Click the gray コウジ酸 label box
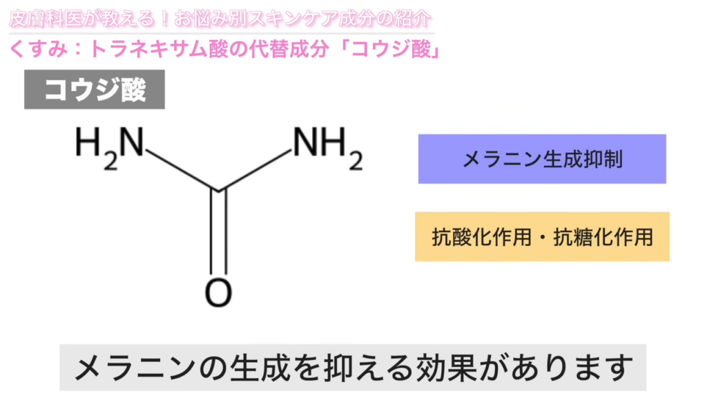[94, 89]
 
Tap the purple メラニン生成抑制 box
[542, 159]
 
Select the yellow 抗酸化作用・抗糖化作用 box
[542, 236]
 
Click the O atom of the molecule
[218, 293]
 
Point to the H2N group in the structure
[110, 147]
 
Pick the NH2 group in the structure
[328, 147]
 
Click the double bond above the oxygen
[218, 232]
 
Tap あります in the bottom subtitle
[572, 368]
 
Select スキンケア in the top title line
[289, 19]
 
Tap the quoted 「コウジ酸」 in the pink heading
[391, 49]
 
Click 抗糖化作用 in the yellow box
[603, 237]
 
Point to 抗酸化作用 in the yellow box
[481, 237]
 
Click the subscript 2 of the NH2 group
[356, 161]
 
